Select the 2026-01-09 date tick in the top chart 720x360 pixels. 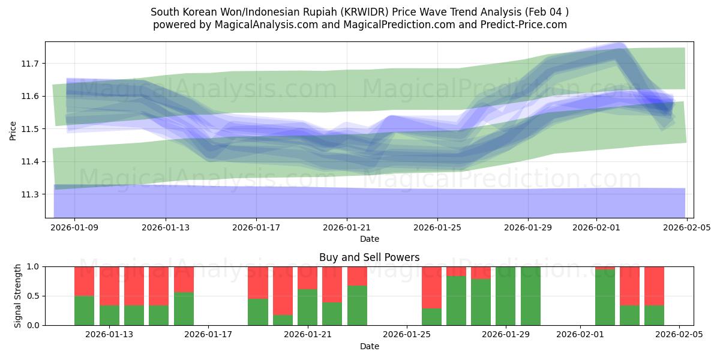tap(75, 228)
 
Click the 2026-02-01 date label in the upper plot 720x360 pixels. tap(596, 228)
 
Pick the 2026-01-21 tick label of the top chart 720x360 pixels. tap(347, 228)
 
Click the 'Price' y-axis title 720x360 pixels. tap(13, 130)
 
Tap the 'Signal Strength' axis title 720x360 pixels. tap(18, 295)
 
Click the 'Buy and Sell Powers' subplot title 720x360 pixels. tap(370, 257)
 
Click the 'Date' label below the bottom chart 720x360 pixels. tap(370, 346)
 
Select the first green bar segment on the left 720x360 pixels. tap(84, 310)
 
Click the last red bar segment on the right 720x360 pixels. tap(654, 286)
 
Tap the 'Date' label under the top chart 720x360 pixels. tap(370, 239)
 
